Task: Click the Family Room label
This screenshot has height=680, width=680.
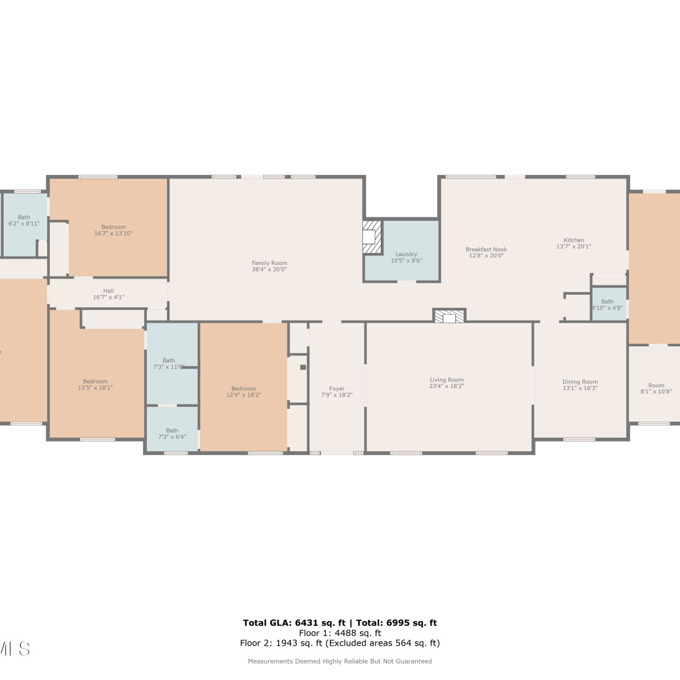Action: pos(270,263)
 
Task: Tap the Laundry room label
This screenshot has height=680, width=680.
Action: pos(406,254)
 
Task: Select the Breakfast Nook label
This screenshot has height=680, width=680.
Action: pos(486,249)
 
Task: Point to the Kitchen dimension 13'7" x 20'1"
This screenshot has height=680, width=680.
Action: pos(574,247)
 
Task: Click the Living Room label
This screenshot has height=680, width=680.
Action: pos(447,380)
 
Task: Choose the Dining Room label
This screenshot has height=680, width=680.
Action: pos(580,382)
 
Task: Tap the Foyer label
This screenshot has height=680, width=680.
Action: pos(337,389)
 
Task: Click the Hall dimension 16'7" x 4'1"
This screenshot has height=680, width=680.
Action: pos(108,297)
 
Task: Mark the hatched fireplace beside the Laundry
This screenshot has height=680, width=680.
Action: pos(372,237)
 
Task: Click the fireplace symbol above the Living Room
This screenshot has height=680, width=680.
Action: pos(449,316)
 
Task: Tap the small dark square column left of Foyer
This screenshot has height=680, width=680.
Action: pos(303,367)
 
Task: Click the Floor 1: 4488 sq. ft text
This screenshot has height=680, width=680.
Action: pos(340,633)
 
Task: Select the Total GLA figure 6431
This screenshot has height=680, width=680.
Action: pos(306,623)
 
